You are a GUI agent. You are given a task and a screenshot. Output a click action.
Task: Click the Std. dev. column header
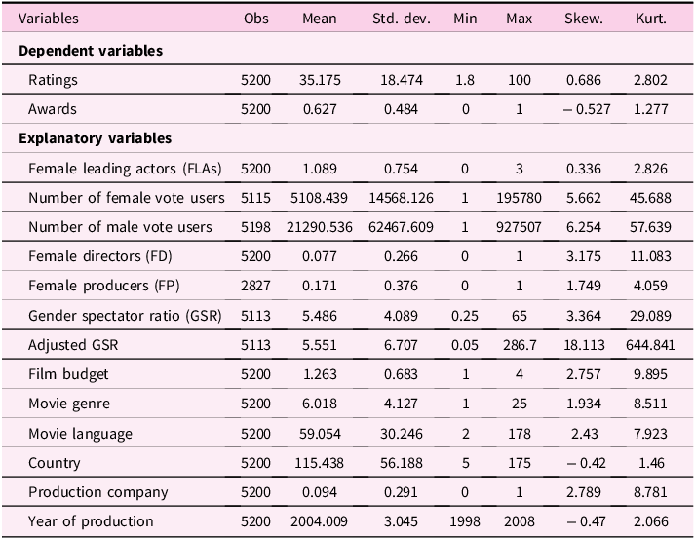402,19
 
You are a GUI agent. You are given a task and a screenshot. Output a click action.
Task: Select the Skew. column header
584,19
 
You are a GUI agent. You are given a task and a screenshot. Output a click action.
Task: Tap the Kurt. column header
651,19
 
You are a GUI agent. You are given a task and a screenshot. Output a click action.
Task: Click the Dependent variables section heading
91,51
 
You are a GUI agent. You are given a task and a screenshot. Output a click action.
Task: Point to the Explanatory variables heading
95,138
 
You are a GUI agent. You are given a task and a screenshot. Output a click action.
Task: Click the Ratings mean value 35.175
320,80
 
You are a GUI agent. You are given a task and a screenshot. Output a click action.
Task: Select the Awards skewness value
587,109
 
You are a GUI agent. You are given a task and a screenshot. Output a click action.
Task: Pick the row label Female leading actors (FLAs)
125,169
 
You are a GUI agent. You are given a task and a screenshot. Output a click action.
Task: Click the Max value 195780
519,198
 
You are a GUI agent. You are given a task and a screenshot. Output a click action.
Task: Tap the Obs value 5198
255,227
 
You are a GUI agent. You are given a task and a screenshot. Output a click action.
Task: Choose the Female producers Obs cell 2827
255,286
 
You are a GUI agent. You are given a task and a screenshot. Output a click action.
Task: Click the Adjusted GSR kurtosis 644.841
650,345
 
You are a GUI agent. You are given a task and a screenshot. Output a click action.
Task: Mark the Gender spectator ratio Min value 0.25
465,316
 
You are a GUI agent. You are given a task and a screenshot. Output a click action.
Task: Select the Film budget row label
68,374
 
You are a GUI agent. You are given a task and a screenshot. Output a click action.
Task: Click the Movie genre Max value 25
519,404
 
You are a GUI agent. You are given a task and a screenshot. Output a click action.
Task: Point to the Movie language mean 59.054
320,434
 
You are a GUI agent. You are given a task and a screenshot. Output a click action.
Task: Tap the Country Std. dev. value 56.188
402,463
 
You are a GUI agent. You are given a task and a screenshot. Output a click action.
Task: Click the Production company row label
97,492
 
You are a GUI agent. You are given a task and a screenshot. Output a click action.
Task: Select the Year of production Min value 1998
465,521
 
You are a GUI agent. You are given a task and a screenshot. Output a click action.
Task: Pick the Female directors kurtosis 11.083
650,256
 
